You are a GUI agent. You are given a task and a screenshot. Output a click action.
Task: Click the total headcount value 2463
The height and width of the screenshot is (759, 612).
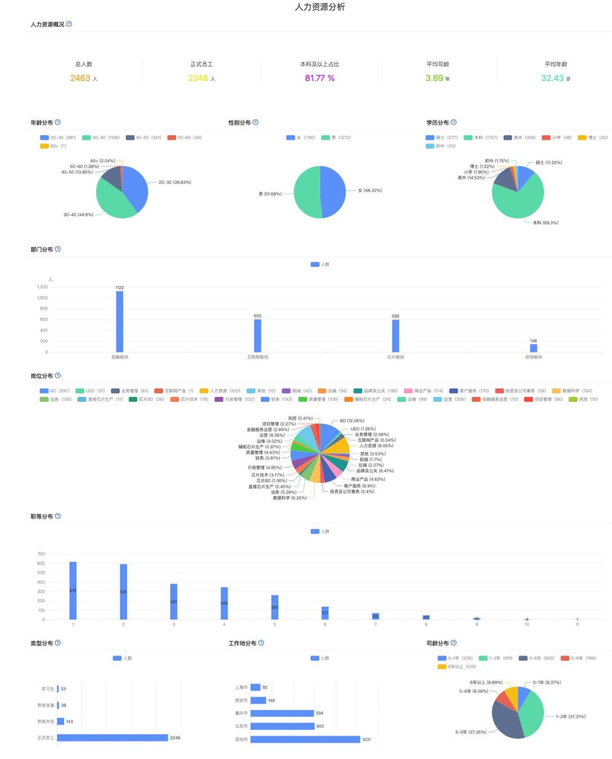point(80,78)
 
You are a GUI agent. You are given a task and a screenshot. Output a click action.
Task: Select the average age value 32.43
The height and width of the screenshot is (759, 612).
point(552,78)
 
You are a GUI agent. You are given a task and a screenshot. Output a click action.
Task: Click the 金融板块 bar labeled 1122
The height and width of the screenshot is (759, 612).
point(120,321)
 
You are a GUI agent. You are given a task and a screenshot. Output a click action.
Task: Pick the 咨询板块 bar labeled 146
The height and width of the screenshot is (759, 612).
point(533,348)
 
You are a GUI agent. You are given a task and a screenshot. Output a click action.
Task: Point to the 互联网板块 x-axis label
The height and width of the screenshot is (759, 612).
point(257,357)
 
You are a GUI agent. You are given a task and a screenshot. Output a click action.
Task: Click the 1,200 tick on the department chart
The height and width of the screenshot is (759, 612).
point(43,287)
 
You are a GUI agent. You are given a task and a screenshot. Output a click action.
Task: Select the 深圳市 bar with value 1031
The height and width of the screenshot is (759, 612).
point(305,739)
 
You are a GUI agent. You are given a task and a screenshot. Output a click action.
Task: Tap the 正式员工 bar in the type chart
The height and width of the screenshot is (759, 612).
point(112,738)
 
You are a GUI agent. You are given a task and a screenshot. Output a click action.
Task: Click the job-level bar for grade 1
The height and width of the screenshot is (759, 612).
point(73,590)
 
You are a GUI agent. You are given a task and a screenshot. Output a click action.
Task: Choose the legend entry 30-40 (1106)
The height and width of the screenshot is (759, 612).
point(101,138)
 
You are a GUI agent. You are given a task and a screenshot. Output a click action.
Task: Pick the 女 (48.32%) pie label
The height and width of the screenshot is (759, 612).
point(370,191)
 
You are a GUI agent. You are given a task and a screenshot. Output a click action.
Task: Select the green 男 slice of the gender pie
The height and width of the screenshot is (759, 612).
point(306,192)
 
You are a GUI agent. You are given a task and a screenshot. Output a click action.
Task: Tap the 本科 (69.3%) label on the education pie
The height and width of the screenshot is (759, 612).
point(545,223)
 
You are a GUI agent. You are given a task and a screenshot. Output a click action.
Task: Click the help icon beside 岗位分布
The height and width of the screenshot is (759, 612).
point(58,376)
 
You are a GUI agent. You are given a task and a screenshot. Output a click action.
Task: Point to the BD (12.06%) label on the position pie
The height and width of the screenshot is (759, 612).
point(352,421)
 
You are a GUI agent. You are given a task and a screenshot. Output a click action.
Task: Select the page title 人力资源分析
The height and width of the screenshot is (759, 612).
point(320,7)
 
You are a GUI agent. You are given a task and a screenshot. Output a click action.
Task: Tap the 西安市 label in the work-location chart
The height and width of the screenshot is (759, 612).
point(241,701)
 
